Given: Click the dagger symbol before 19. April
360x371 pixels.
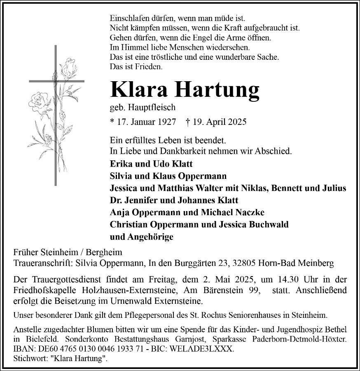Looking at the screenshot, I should click(x=188, y=122).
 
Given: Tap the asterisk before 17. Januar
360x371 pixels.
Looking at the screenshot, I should click(x=112, y=122).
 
